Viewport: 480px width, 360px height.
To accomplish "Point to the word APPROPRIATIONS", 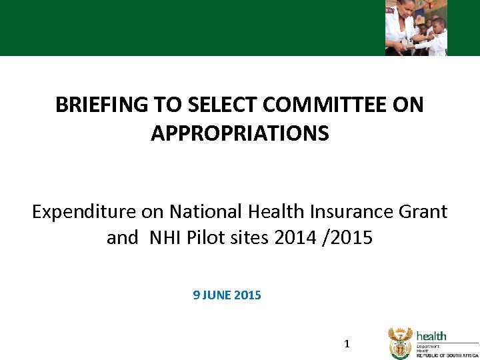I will pyautogui.click(x=240, y=134).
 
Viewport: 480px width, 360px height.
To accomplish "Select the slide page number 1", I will pyautogui.click(x=346, y=345).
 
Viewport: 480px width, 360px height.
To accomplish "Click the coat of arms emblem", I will pyautogui.click(x=400, y=343).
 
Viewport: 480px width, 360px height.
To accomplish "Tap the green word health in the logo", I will pyautogui.click(x=431, y=336).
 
